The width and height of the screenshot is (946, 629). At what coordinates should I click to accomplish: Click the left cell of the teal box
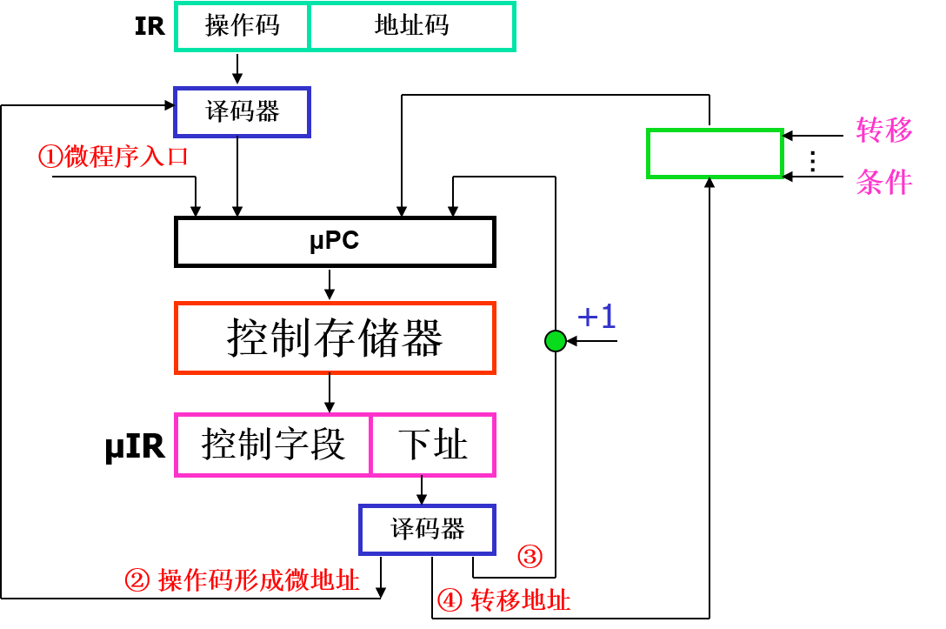pyautogui.click(x=242, y=26)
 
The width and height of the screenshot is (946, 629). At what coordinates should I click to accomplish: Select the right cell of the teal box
pyautogui.click(x=412, y=26)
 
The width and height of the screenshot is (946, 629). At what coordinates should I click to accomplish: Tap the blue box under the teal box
pyautogui.click(x=242, y=112)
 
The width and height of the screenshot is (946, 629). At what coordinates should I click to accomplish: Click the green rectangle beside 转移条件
pyautogui.click(x=715, y=154)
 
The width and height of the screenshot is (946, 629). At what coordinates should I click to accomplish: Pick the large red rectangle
pyautogui.click(x=335, y=338)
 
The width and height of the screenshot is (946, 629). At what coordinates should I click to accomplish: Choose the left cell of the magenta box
pyautogui.click(x=273, y=445)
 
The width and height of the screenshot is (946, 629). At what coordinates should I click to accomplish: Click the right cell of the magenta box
pyautogui.click(x=433, y=445)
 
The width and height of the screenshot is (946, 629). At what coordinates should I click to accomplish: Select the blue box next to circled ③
pyautogui.click(x=427, y=530)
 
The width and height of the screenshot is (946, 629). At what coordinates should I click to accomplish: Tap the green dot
pyautogui.click(x=556, y=341)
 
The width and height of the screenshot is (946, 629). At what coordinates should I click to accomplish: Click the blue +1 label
pyautogui.click(x=597, y=317)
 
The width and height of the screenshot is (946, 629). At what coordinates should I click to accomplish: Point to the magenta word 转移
pyautogui.click(x=884, y=130)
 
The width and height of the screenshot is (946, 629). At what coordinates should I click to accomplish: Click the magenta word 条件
pyautogui.click(x=884, y=183)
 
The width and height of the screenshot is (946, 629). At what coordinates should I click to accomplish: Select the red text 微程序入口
pyautogui.click(x=126, y=157)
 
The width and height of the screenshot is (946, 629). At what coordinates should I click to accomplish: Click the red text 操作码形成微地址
pyautogui.click(x=258, y=580)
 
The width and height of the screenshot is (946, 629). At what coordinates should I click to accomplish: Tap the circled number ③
pyautogui.click(x=530, y=556)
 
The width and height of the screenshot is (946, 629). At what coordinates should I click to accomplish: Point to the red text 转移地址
pyautogui.click(x=521, y=600)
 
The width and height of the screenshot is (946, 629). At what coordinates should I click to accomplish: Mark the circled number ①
pyautogui.click(x=50, y=157)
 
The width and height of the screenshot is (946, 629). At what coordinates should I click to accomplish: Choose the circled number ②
pyautogui.click(x=137, y=580)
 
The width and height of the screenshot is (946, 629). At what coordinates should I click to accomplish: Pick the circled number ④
pyautogui.click(x=450, y=600)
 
